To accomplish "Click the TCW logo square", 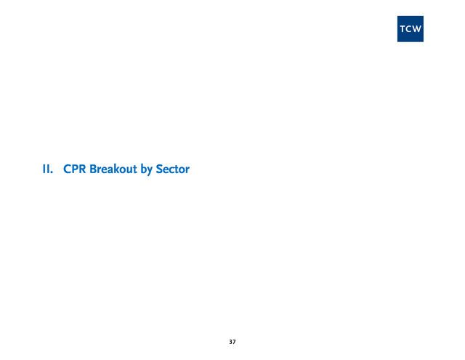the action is pos(410,29).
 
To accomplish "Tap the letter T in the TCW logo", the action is pos(403,29).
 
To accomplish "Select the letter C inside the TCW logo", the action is pos(408,29).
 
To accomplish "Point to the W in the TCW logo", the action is pos(416,29).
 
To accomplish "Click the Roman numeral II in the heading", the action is pos(46,169).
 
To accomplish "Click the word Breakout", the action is pos(113,169).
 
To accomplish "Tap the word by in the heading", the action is pos(146,170).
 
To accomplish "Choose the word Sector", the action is pos(173,169).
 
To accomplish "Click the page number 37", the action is pos(232,342).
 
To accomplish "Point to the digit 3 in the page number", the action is pos(231,342).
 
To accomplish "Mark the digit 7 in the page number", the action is pos(234,342).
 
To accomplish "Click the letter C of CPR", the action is pos(67,169).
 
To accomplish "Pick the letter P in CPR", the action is pos(76,169).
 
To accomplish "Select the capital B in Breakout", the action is pos(93,169).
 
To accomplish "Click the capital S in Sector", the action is pos(159,169).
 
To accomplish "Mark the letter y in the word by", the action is pos(149,171).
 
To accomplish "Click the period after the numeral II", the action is pos(52,172).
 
